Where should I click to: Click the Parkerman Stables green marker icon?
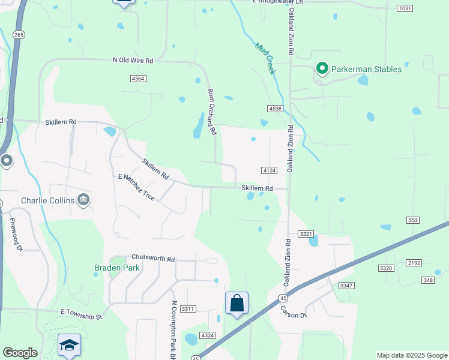(x=322, y=69)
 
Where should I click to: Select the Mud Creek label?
(x=265, y=58)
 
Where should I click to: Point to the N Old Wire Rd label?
(x=133, y=61)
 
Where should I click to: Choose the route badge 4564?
(x=137, y=79)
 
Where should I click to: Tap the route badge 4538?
(x=275, y=108)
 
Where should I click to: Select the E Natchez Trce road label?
(x=137, y=187)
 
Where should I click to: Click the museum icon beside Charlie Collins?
(x=84, y=200)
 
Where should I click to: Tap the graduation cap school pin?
(x=69, y=345)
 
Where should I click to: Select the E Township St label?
(x=82, y=313)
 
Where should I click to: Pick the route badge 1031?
(x=405, y=8)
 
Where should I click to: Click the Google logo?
(x=20, y=353)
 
